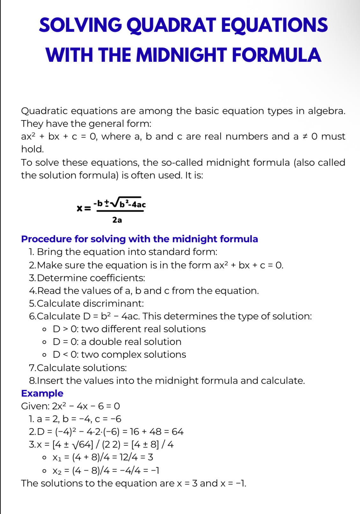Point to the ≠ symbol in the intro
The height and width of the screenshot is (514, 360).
tap(305, 136)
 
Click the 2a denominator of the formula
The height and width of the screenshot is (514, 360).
tap(117, 220)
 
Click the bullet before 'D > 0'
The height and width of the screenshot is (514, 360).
tap(45, 329)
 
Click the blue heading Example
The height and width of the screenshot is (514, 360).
tap(42, 393)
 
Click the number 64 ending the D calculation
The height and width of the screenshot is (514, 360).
tap(178, 432)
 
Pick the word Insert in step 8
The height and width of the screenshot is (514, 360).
tap(51, 381)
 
